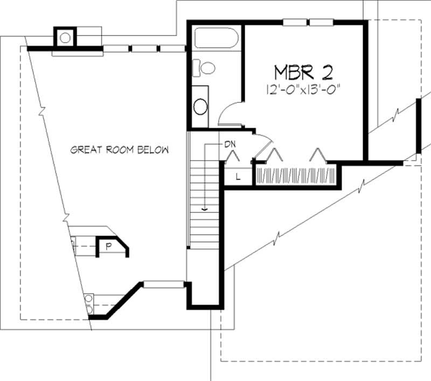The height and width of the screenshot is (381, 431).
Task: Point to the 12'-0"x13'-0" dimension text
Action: (x=305, y=89)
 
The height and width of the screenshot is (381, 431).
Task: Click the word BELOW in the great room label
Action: (x=153, y=150)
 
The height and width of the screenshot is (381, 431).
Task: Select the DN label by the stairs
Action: (x=230, y=144)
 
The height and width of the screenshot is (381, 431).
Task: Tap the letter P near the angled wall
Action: (x=108, y=247)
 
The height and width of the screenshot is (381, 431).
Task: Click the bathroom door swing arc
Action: (x=229, y=110)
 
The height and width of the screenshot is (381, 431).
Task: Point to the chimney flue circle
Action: (x=65, y=38)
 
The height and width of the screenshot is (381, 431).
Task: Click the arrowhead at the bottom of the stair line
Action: (x=204, y=208)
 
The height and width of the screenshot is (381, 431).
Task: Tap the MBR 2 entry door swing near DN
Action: (x=264, y=144)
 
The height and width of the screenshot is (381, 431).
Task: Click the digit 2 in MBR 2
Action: (x=330, y=72)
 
